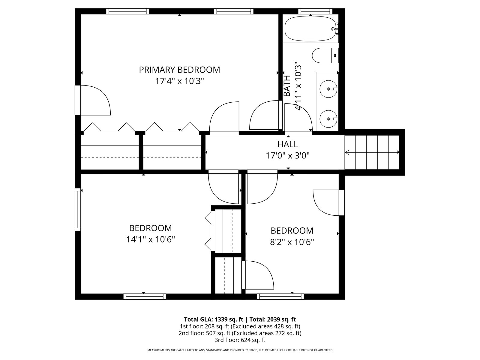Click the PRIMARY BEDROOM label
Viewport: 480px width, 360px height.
pos(179,70)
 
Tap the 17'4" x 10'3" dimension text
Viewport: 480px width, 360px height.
pos(179,81)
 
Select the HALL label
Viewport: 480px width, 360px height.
pos(288,144)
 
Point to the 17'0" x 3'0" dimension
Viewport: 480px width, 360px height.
pos(288,156)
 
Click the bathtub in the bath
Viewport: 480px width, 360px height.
pos(310,28)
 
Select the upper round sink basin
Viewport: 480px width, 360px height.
pos(328,89)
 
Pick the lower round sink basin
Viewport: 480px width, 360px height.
pos(328,119)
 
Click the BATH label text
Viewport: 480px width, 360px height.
pos(287,86)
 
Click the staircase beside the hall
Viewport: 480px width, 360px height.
pos(372,152)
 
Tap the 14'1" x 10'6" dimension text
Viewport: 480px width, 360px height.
pos(151,240)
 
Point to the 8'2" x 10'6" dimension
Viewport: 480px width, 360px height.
pos(292,242)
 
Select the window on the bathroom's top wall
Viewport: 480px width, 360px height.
pos(315,11)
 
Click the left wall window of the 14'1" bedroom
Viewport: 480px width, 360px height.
pos(78,210)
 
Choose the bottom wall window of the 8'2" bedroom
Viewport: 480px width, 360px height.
pos(280,297)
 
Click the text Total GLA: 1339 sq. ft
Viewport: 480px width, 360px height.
pos(213,319)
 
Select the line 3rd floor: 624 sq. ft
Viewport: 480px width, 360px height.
pos(240,340)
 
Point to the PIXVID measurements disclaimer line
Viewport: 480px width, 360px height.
pos(240,350)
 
